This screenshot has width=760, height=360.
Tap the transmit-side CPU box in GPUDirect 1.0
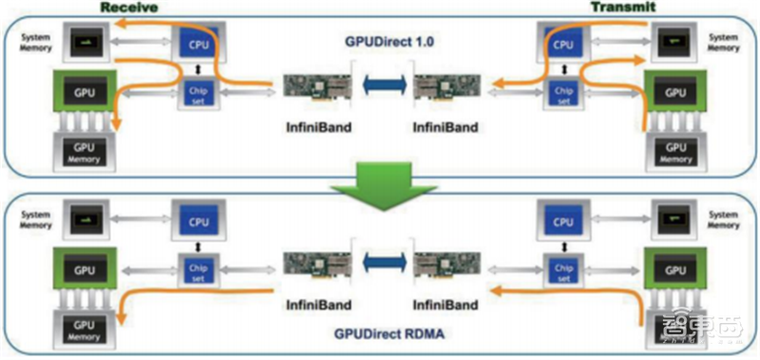(x=563, y=44)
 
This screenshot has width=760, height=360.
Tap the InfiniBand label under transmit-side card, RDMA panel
(x=446, y=305)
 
